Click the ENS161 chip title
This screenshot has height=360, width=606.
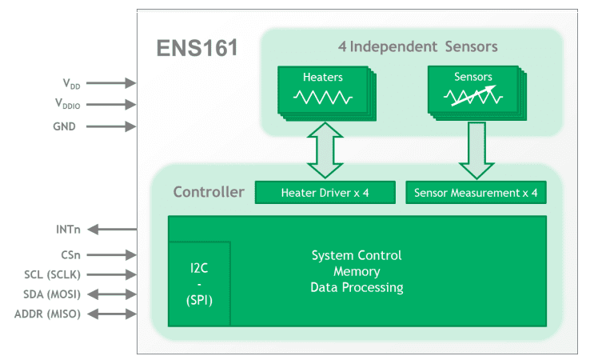[197, 48]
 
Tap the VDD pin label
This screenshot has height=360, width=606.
[72, 83]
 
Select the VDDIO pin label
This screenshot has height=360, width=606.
[68, 103]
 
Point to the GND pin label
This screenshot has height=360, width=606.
[65, 126]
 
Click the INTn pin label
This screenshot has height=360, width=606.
[68, 230]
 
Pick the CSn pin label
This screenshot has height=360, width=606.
[70, 255]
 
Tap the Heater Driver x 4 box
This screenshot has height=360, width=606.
[325, 193]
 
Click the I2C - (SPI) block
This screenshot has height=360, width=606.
[199, 283]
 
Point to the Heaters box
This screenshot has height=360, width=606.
[322, 90]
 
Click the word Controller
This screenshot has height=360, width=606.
[209, 192]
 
